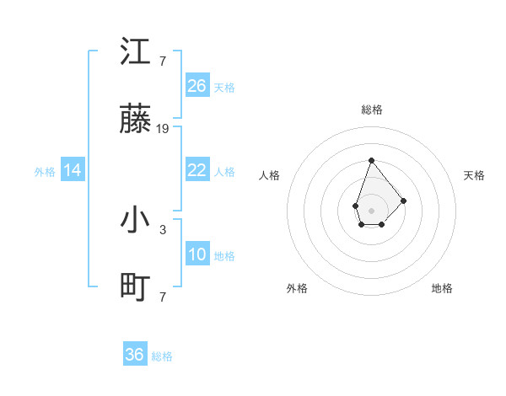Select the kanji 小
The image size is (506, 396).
[x=136, y=220]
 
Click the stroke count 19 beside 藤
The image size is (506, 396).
[x=163, y=129]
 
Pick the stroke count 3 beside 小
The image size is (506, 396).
[x=163, y=228]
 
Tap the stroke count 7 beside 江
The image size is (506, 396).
[x=163, y=61]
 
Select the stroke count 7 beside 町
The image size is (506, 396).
[x=163, y=297]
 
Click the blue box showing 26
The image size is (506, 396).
[x=197, y=86]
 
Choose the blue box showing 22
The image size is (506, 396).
[x=197, y=170]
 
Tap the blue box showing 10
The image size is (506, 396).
[x=197, y=254]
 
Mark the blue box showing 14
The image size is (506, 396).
[x=73, y=170]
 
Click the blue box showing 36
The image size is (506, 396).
[x=135, y=355]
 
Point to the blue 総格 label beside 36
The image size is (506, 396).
[x=162, y=356]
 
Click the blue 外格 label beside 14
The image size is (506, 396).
[x=45, y=172]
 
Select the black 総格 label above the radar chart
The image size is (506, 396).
[x=371, y=110]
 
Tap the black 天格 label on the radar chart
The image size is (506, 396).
[x=474, y=175]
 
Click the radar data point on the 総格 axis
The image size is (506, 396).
[x=371, y=160]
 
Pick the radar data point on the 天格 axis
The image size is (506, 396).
[x=404, y=201]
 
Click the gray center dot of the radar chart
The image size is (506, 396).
[x=371, y=210]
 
